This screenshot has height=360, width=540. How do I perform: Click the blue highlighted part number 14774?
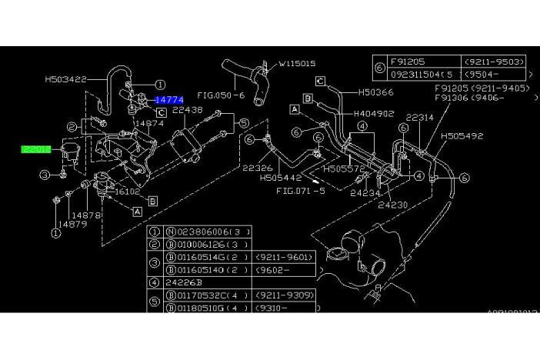pyautogui.click(x=169, y=100)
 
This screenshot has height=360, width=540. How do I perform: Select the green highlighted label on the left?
pyautogui.click(x=36, y=148)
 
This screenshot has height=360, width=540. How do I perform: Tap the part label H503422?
pyautogui.click(x=66, y=78)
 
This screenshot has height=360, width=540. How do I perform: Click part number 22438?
pyautogui.click(x=187, y=111)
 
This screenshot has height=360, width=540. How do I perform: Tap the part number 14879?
pyautogui.click(x=74, y=224)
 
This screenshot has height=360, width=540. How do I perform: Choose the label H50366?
pyautogui.click(x=375, y=93)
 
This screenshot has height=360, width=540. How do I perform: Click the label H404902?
pyautogui.click(x=375, y=113)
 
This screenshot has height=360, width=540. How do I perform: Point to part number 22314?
pyautogui.click(x=421, y=118)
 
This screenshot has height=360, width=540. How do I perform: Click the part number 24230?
pyautogui.click(x=392, y=205)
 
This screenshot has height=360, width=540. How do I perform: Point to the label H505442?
pyautogui.click(x=278, y=177)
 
